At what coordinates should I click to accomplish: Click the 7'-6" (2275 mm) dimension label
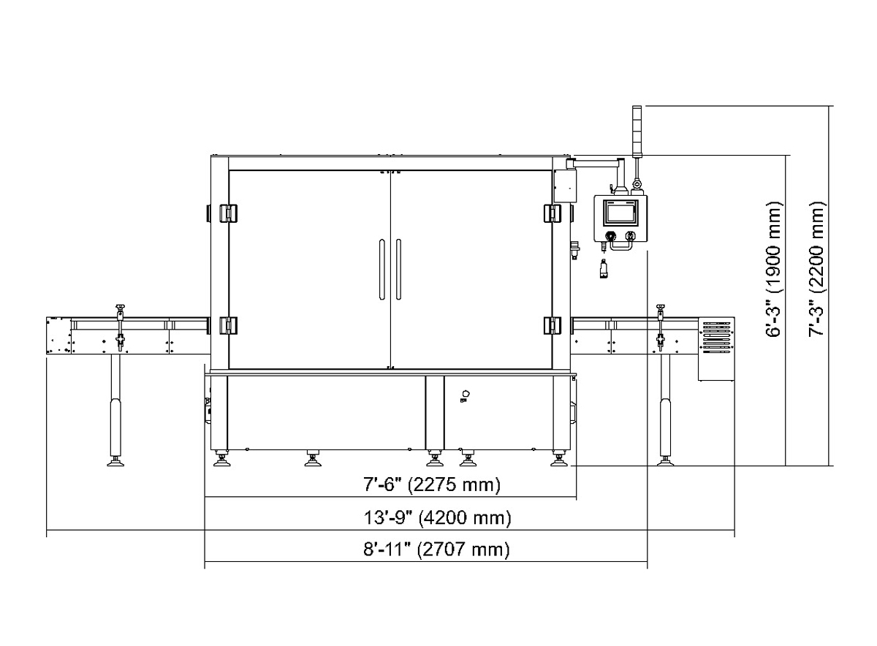click(x=432, y=484)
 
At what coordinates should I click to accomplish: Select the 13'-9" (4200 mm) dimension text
click(x=437, y=517)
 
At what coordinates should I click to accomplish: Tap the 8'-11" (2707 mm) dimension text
click(x=436, y=550)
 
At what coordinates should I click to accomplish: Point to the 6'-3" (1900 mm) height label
click(x=774, y=270)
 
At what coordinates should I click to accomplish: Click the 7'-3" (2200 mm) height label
click(x=817, y=270)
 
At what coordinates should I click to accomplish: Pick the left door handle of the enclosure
click(x=381, y=270)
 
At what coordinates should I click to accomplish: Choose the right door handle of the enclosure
click(x=398, y=270)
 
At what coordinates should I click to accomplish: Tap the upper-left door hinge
click(x=227, y=214)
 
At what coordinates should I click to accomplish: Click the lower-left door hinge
click(x=227, y=325)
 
